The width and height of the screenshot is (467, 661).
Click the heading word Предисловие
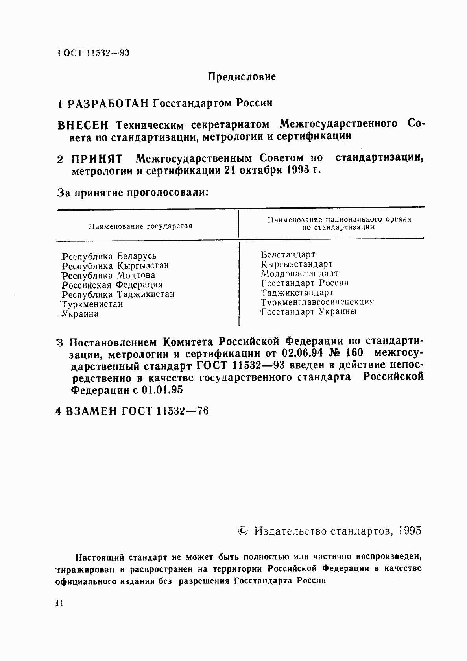click(x=242, y=76)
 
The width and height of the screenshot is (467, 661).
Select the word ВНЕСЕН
click(x=83, y=125)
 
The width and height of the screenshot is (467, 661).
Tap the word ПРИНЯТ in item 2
click(x=97, y=159)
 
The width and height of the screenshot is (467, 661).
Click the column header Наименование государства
click(x=140, y=226)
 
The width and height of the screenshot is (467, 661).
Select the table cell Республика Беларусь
click(x=109, y=256)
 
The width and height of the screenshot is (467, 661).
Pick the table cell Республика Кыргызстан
click(x=115, y=266)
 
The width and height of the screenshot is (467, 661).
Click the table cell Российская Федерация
click(x=112, y=285)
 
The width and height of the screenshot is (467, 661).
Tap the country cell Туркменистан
click(x=92, y=304)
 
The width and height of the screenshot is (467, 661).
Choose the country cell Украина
click(x=80, y=314)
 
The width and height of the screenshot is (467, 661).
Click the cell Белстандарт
click(x=288, y=255)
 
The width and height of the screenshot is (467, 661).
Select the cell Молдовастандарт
click(x=299, y=274)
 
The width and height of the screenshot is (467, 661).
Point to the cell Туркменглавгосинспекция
click(x=317, y=302)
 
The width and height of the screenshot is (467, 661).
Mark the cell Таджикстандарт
click(x=297, y=293)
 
